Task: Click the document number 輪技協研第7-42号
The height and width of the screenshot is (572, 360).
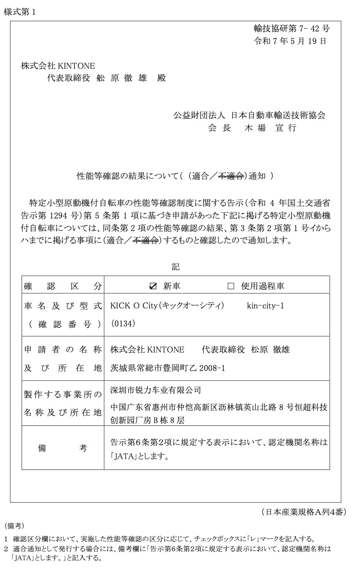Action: [292, 29]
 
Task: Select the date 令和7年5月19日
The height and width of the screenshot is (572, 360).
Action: [290, 41]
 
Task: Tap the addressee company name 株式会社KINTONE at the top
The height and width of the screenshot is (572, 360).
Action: [58, 66]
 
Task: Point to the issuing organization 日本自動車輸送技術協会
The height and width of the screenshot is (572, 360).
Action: [278, 115]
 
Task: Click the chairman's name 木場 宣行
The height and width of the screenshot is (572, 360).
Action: [270, 128]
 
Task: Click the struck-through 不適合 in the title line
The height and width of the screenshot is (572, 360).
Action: [231, 176]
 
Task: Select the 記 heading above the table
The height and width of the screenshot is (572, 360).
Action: [175, 267]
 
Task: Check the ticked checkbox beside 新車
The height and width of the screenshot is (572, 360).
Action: [153, 286]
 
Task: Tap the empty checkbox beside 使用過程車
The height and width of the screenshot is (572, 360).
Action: [231, 286]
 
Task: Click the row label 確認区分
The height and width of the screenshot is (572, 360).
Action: [63, 286]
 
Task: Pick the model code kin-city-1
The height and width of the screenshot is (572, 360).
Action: [265, 306]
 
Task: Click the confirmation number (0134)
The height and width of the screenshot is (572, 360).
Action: [122, 323]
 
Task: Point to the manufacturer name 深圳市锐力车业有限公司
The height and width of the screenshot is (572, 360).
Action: [155, 390]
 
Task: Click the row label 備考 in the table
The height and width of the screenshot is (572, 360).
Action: [63, 448]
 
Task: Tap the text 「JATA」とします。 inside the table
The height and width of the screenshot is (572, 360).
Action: [139, 457]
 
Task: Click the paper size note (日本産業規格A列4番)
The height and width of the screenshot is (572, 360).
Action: [303, 512]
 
